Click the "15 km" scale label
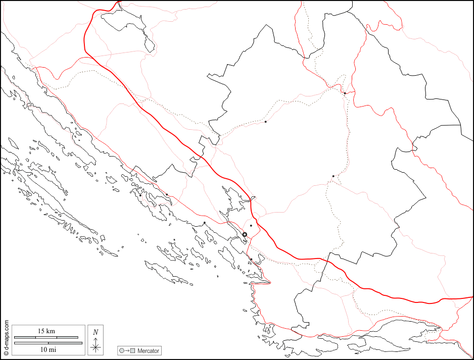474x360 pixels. tap(46, 331)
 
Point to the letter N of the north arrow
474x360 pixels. tap(95, 332)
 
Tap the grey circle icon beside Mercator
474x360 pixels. tap(121, 350)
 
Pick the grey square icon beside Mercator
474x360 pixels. tap(133, 350)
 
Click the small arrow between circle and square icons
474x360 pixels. tap(127, 350)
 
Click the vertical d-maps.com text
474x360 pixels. tap(6, 338)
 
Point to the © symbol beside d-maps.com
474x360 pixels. tap(6, 322)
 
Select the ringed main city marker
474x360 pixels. tap(245, 234)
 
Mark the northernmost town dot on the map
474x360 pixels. tap(345, 93)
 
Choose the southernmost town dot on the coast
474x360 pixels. tap(251, 260)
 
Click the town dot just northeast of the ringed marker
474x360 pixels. tap(251, 226)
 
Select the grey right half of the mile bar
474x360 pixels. tap(65, 343)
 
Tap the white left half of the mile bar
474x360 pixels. tap(31, 343)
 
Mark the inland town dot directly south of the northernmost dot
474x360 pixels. tap(333, 176)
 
